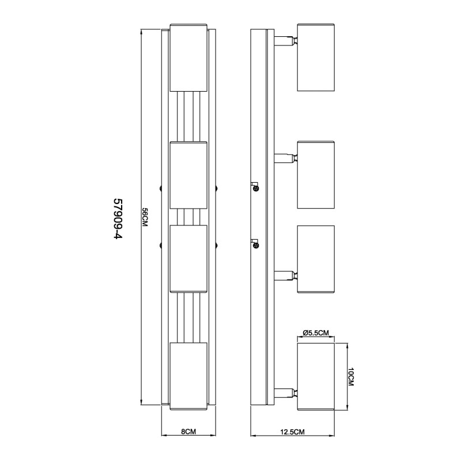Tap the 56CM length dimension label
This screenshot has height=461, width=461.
pos(145,217)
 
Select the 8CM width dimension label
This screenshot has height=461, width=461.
pos(188,432)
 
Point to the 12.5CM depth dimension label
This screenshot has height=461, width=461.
pos(292,432)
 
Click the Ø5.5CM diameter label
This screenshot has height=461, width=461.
pos(315,333)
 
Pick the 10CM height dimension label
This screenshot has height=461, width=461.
pos(351,377)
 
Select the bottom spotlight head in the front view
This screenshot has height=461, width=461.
pos(189,376)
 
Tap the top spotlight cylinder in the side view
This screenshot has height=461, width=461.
pos(316,57)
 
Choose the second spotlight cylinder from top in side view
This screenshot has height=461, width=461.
pos(316,175)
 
